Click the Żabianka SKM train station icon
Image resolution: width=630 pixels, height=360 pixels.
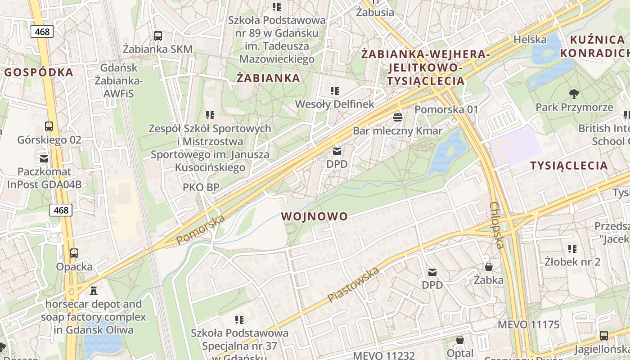tap(157, 36)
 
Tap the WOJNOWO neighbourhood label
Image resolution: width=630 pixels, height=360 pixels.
tap(315, 216)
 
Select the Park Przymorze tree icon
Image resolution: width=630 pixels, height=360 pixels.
tap(574, 94)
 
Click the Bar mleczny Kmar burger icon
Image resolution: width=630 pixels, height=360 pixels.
tap(397, 118)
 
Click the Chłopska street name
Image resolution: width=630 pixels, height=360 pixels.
tap(497, 225)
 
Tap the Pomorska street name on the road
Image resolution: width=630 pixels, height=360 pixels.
tap(200, 230)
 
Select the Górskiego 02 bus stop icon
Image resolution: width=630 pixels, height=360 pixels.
tap(49, 126)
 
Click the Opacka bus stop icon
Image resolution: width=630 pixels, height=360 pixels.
tap(74, 253)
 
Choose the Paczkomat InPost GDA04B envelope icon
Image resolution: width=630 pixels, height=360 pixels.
tap(44, 158)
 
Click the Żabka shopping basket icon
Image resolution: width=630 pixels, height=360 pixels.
tap(488, 267)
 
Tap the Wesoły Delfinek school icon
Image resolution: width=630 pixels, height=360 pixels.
tap(334, 91)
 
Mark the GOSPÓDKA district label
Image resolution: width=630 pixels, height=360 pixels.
tap(39, 72)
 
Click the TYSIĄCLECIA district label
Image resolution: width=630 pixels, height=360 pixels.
tap(569, 166)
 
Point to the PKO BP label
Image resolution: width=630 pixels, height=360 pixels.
tap(201, 187)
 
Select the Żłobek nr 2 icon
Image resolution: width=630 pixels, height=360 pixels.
tap(572, 248)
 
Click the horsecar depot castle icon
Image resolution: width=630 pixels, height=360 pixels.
tap(94, 291)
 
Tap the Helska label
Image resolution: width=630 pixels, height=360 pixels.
tap(530, 40)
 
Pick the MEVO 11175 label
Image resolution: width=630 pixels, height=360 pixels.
tap(528, 325)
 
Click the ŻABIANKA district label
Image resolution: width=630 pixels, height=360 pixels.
tap(268, 78)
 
